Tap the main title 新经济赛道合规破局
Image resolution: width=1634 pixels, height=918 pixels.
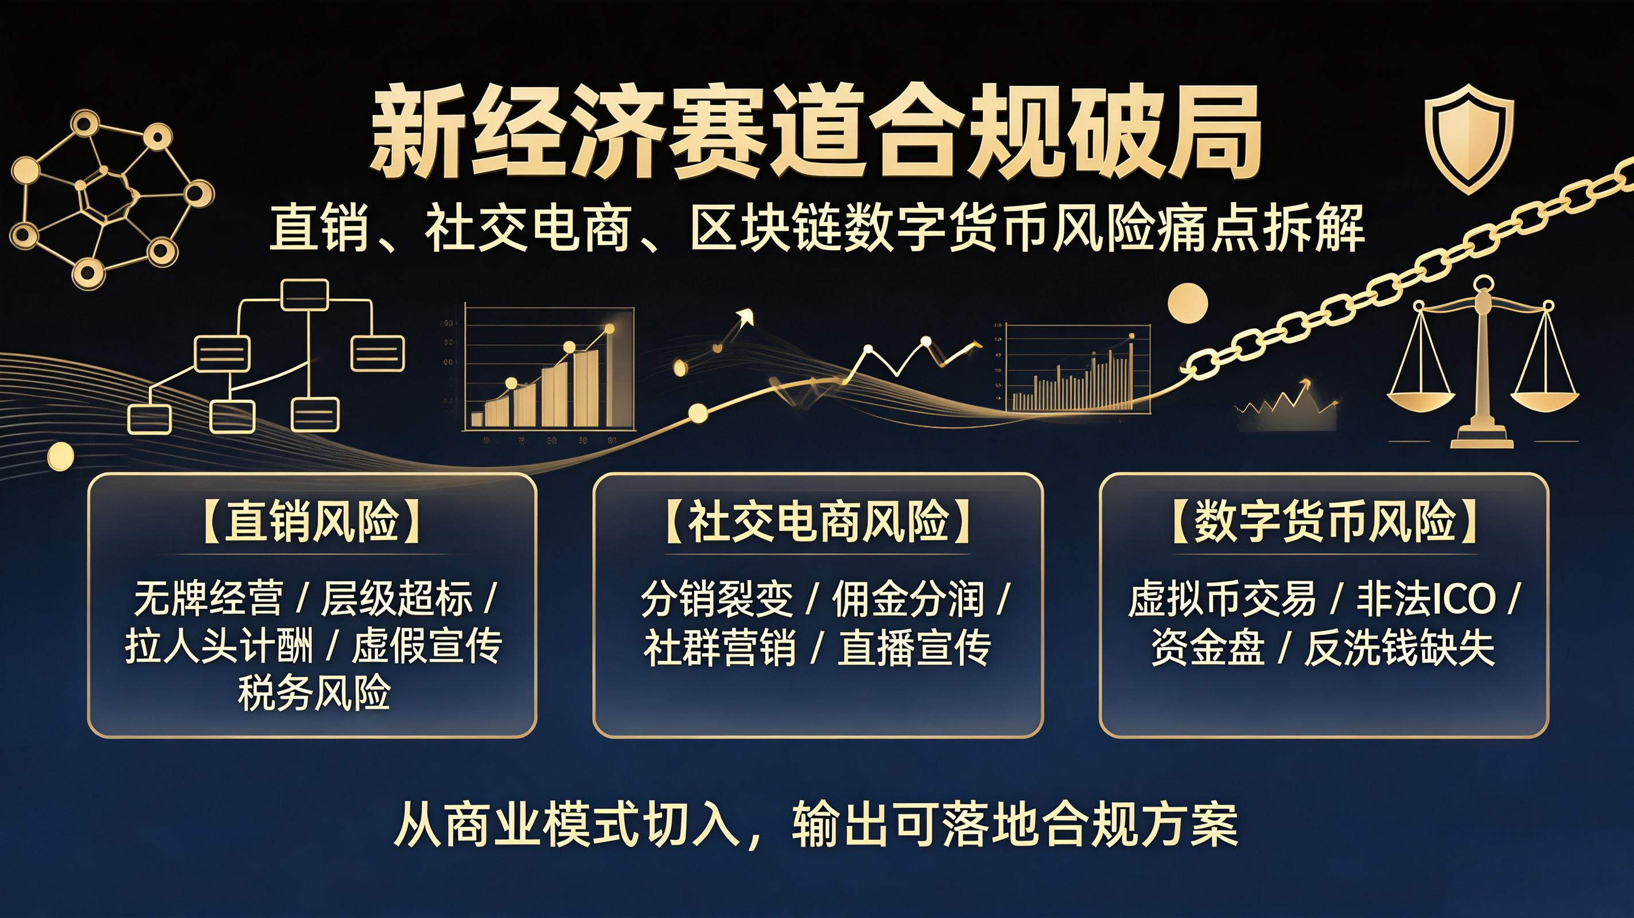coord(816,133)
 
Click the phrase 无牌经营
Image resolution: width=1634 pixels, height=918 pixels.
coord(208,598)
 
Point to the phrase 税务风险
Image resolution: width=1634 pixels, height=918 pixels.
coord(314,693)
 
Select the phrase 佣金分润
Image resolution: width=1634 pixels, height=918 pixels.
coord(908,599)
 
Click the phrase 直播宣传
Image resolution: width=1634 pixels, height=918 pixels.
coord(914,648)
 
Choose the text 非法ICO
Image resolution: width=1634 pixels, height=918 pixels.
coord(1426,599)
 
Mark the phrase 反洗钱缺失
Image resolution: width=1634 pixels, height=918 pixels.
coord(1399,648)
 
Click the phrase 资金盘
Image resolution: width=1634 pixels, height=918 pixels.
coord(1208,648)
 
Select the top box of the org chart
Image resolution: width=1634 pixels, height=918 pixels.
coord(305,295)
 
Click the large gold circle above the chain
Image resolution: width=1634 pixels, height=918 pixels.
coord(1188,302)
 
